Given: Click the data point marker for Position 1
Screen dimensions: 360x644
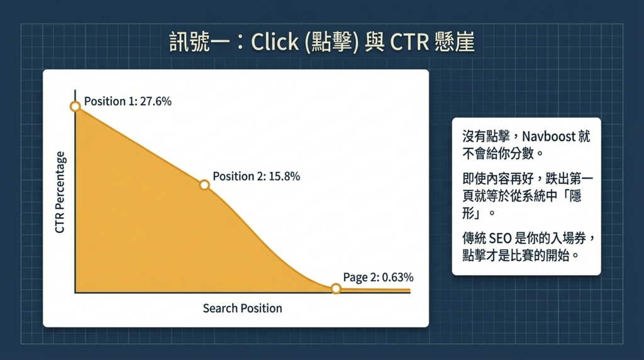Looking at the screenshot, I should pos(75,106).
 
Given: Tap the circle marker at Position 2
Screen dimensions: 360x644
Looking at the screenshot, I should pos(204,185).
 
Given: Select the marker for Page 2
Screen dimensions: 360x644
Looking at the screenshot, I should pos(336,288).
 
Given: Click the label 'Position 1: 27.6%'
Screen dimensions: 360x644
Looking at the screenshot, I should pos(128,101).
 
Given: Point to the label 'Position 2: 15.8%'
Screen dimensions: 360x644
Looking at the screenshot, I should pos(256,176).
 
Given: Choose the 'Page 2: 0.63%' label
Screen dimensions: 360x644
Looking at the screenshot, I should pos(379,277).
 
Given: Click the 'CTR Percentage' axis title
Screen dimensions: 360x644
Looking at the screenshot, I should pos(60,193).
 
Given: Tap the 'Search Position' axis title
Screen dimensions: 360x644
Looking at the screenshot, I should pos(242,308).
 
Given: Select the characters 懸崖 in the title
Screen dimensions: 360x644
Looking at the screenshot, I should pos(453,43).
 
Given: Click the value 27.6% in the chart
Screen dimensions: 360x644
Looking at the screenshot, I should pos(155,101).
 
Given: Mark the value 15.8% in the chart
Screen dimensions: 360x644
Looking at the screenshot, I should pos(284,176).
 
